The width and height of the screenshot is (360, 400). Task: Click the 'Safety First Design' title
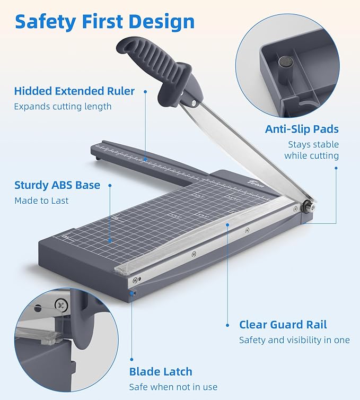coord(105,22)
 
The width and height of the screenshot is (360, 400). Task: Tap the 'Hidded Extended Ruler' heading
coord(74,91)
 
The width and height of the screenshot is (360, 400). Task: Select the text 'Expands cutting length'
coord(63,107)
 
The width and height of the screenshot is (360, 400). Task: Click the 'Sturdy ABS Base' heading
coord(57,185)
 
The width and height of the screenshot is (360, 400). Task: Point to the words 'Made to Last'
coord(41,201)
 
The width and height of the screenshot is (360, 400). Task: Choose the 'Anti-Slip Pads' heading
coord(302,129)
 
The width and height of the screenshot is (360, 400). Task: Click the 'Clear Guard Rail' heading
coord(283,325)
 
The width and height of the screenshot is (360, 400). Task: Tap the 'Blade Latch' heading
coord(161,372)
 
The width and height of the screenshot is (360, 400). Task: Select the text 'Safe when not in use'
coord(173,387)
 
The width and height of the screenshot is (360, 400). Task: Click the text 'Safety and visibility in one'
coord(294,340)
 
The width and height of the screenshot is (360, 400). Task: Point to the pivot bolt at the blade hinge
coord(309,206)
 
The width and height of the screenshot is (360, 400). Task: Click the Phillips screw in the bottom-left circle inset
coord(62,305)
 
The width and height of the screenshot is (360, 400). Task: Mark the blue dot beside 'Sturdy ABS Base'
coord(110,185)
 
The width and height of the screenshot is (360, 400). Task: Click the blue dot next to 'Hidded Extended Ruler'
coord(145,91)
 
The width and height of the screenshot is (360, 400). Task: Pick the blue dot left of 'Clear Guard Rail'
coord(227,325)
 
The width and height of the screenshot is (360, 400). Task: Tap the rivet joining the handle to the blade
coord(194,102)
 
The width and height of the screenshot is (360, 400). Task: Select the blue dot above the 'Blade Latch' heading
coord(131,360)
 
